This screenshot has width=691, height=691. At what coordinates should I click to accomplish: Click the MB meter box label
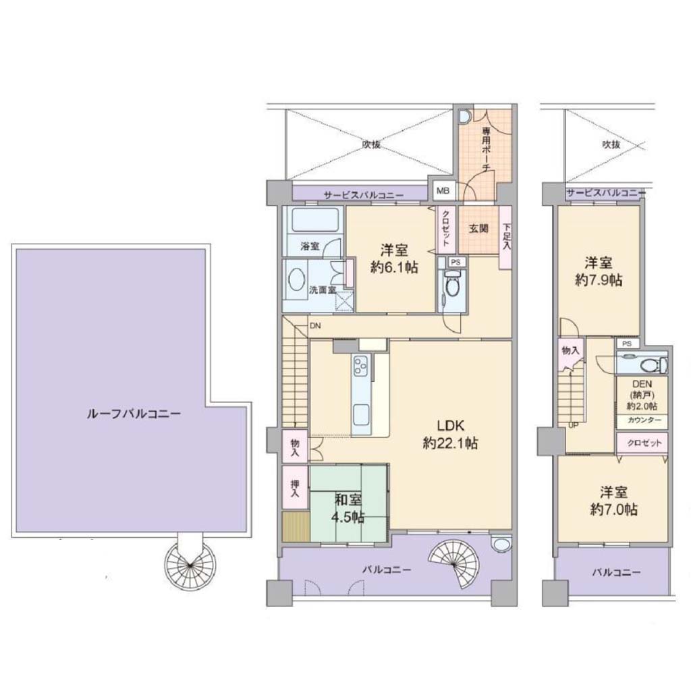pos(443,191)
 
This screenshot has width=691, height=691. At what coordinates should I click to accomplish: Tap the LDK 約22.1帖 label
pos(450,434)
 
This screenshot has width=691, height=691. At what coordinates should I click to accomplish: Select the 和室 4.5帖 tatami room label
pos(348,508)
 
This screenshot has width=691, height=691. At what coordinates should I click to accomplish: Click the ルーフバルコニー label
pos(133,414)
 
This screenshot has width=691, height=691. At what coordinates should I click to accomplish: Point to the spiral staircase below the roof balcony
pos(190,565)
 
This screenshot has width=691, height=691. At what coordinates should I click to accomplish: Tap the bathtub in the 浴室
pos(314,219)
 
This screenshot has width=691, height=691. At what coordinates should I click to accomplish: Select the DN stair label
pos(315,326)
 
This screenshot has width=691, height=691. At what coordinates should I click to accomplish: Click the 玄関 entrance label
pos(478,229)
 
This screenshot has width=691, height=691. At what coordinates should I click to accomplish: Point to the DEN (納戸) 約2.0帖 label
pos(642,395)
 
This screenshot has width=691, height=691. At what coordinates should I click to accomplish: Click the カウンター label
pos(644,420)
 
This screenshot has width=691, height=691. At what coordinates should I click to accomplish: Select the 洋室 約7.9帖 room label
pos(599,271)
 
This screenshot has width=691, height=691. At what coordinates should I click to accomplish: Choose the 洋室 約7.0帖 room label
pos(613,501)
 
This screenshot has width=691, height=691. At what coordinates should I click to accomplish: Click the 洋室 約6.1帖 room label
pos(394,258)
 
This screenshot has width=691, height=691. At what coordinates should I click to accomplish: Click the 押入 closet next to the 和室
pos(295,487)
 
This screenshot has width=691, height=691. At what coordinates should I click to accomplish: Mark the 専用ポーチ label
pos(486,149)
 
